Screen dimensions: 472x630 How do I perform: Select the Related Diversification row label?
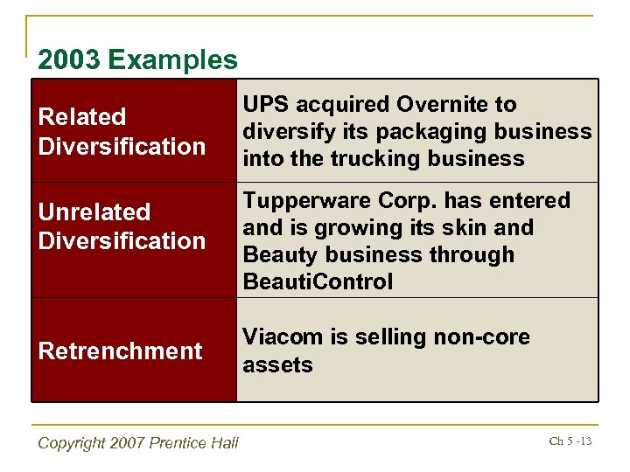pyautogui.click(x=122, y=131)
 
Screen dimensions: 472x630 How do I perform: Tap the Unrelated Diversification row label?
pyautogui.click(x=122, y=226)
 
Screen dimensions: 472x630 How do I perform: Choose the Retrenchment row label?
pyautogui.click(x=120, y=351)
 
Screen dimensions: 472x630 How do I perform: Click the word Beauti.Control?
pyautogui.click(x=318, y=281)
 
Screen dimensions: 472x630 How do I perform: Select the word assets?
pyautogui.click(x=277, y=364)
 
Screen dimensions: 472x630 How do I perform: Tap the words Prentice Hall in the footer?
pyautogui.click(x=195, y=443)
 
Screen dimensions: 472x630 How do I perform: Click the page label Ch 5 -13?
pyautogui.click(x=570, y=441)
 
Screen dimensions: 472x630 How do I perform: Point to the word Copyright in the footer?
pyautogui.click(x=73, y=443)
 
